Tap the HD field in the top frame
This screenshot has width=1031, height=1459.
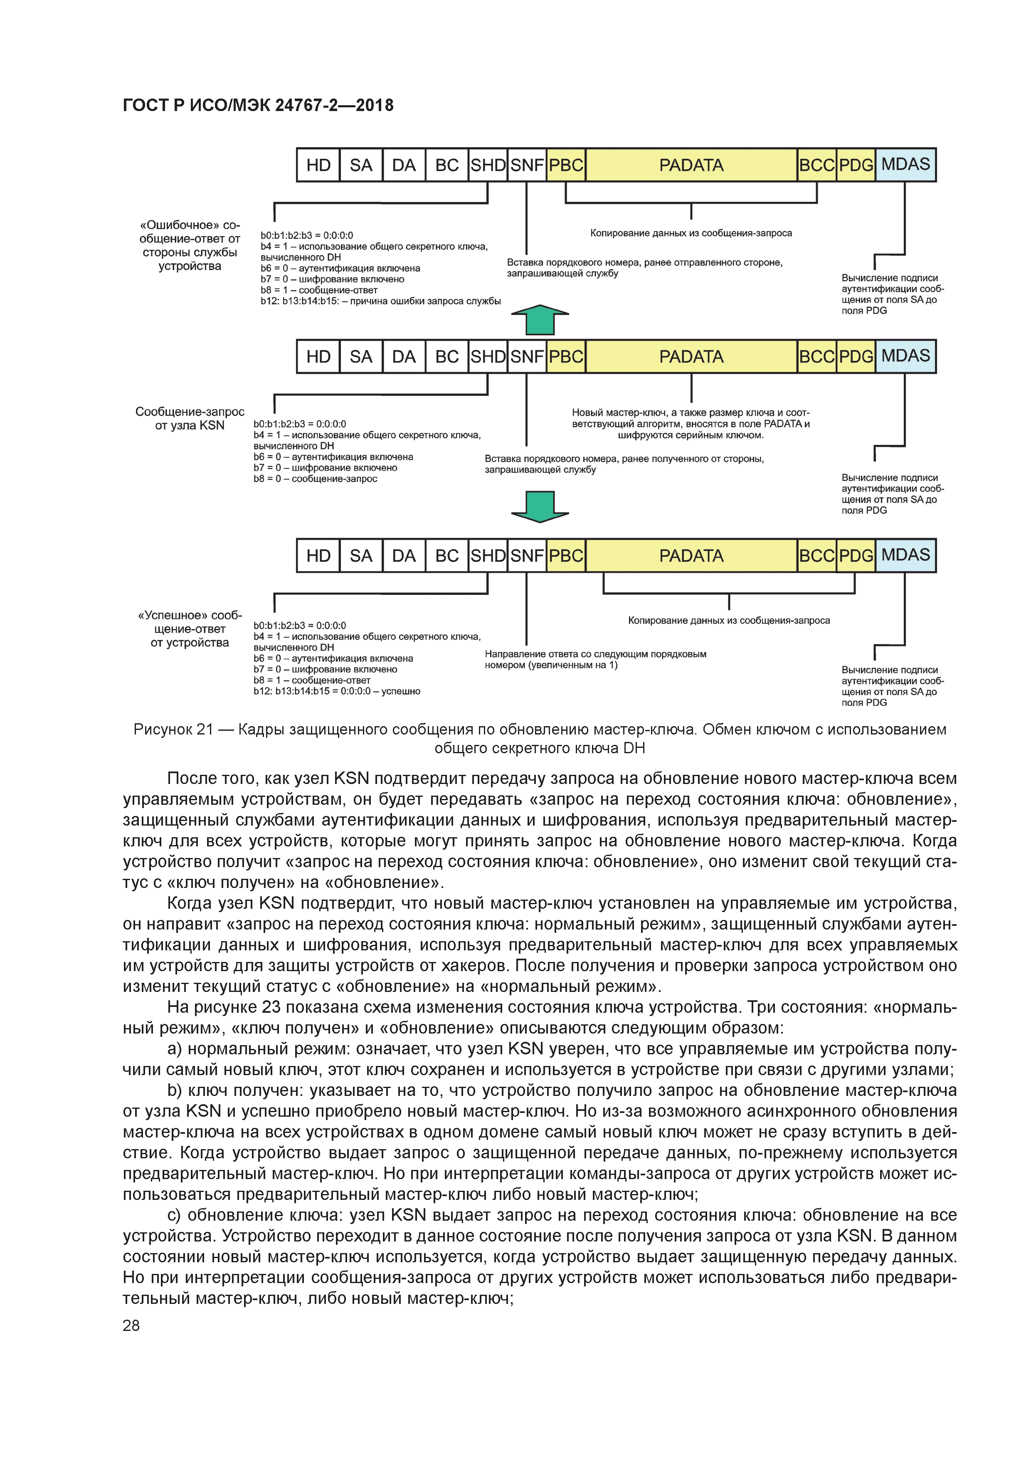318,165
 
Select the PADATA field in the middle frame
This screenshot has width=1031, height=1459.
691,356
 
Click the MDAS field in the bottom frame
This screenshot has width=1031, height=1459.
905,555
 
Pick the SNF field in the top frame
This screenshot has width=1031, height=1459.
527,165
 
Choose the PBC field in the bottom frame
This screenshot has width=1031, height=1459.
566,556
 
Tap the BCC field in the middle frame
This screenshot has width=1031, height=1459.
817,356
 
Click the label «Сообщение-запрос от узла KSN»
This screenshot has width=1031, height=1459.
189,418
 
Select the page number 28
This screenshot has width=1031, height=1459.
131,1325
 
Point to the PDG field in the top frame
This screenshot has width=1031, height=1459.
856,165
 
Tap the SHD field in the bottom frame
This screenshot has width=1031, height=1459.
488,556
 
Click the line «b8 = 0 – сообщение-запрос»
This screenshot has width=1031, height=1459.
315,478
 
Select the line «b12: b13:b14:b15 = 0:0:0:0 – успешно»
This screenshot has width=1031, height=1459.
337,691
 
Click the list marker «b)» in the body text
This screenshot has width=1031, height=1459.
175,1091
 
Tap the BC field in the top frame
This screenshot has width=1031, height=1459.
446,165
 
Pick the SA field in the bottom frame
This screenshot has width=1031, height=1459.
361,556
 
